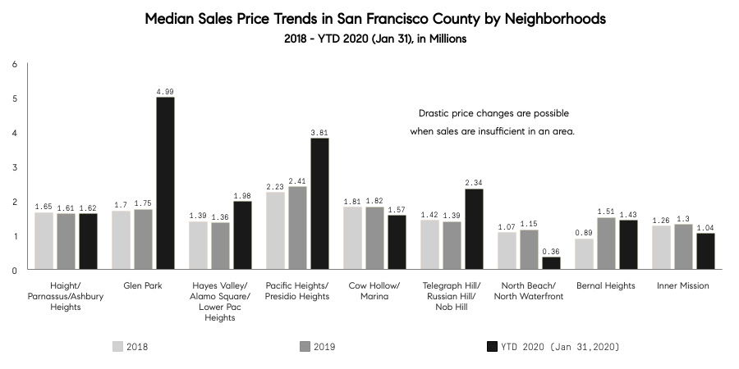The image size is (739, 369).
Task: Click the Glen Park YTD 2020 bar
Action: (165, 183)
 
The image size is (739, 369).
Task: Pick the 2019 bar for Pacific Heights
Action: (297, 227)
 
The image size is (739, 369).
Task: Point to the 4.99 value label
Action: (165, 91)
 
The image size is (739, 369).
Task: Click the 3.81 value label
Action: (319, 131)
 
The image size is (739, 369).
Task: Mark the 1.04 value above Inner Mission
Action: (706, 226)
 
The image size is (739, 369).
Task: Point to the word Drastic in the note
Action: (436, 112)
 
